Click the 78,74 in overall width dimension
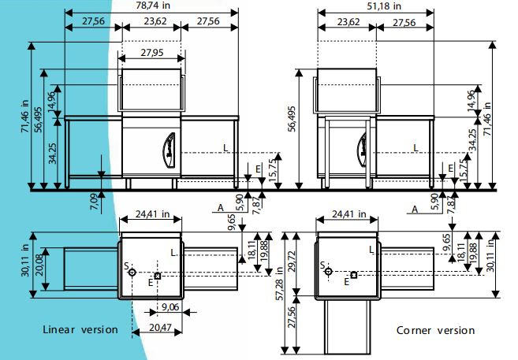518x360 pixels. point(153,6)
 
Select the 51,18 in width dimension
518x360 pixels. point(384,6)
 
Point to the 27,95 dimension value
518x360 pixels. point(152,53)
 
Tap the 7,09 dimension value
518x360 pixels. point(94,202)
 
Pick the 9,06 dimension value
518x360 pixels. point(170,307)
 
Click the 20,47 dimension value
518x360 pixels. point(160,328)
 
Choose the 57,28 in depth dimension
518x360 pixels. point(280,284)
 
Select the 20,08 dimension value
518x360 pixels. point(39,269)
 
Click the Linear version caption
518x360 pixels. point(80,329)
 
